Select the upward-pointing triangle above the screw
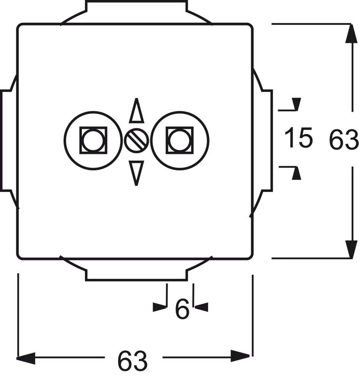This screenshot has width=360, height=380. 136,112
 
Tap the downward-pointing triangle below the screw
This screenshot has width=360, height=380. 136,171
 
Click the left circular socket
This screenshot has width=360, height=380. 93,140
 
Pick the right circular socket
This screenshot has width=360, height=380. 180,140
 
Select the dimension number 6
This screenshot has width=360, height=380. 182,309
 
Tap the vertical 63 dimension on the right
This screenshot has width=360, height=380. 343,140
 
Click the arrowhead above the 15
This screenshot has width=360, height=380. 296,104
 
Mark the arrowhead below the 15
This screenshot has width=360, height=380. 296,174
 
